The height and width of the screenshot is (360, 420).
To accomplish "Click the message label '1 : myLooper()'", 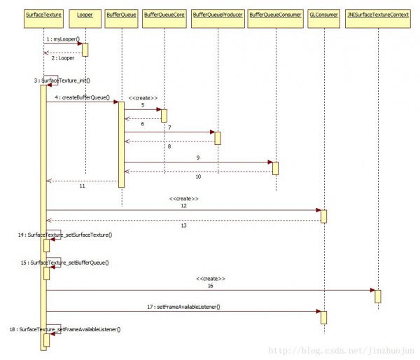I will [62, 39].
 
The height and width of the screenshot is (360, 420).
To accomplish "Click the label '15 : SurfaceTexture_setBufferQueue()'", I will [65, 262].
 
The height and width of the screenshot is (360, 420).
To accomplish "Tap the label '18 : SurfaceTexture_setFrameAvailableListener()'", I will [65, 328].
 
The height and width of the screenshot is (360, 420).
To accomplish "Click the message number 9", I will [198, 158].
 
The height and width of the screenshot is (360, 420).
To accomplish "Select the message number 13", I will [184, 226].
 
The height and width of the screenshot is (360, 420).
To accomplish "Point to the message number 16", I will [210, 285].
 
